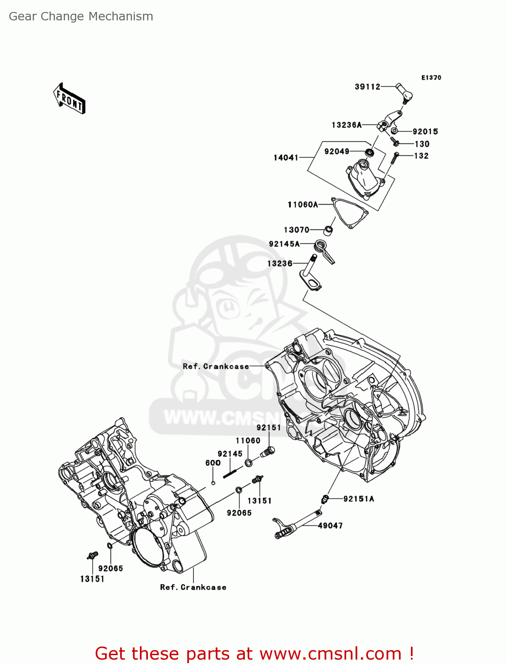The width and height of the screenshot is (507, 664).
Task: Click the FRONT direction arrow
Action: [x=70, y=99]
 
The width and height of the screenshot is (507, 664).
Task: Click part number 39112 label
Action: [x=367, y=87]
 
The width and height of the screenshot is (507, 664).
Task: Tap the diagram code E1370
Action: [x=431, y=77]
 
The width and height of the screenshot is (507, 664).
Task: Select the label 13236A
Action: [x=346, y=125]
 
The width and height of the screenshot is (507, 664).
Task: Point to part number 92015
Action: [x=425, y=131]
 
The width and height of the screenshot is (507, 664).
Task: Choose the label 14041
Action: [x=286, y=158]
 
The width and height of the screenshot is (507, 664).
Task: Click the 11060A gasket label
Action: [x=302, y=205]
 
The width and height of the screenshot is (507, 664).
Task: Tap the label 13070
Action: [x=296, y=230]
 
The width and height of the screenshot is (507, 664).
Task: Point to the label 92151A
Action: [x=358, y=499]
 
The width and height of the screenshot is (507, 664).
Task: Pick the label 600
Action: [x=213, y=463]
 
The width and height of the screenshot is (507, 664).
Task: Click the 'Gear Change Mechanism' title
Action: [x=81, y=16]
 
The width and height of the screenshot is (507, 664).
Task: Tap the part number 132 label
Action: [x=421, y=156]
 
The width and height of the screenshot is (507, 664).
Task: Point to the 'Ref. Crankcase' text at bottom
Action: [x=193, y=587]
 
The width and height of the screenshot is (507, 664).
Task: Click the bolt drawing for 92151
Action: [x=268, y=452]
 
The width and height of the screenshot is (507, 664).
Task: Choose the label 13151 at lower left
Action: [x=92, y=579]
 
